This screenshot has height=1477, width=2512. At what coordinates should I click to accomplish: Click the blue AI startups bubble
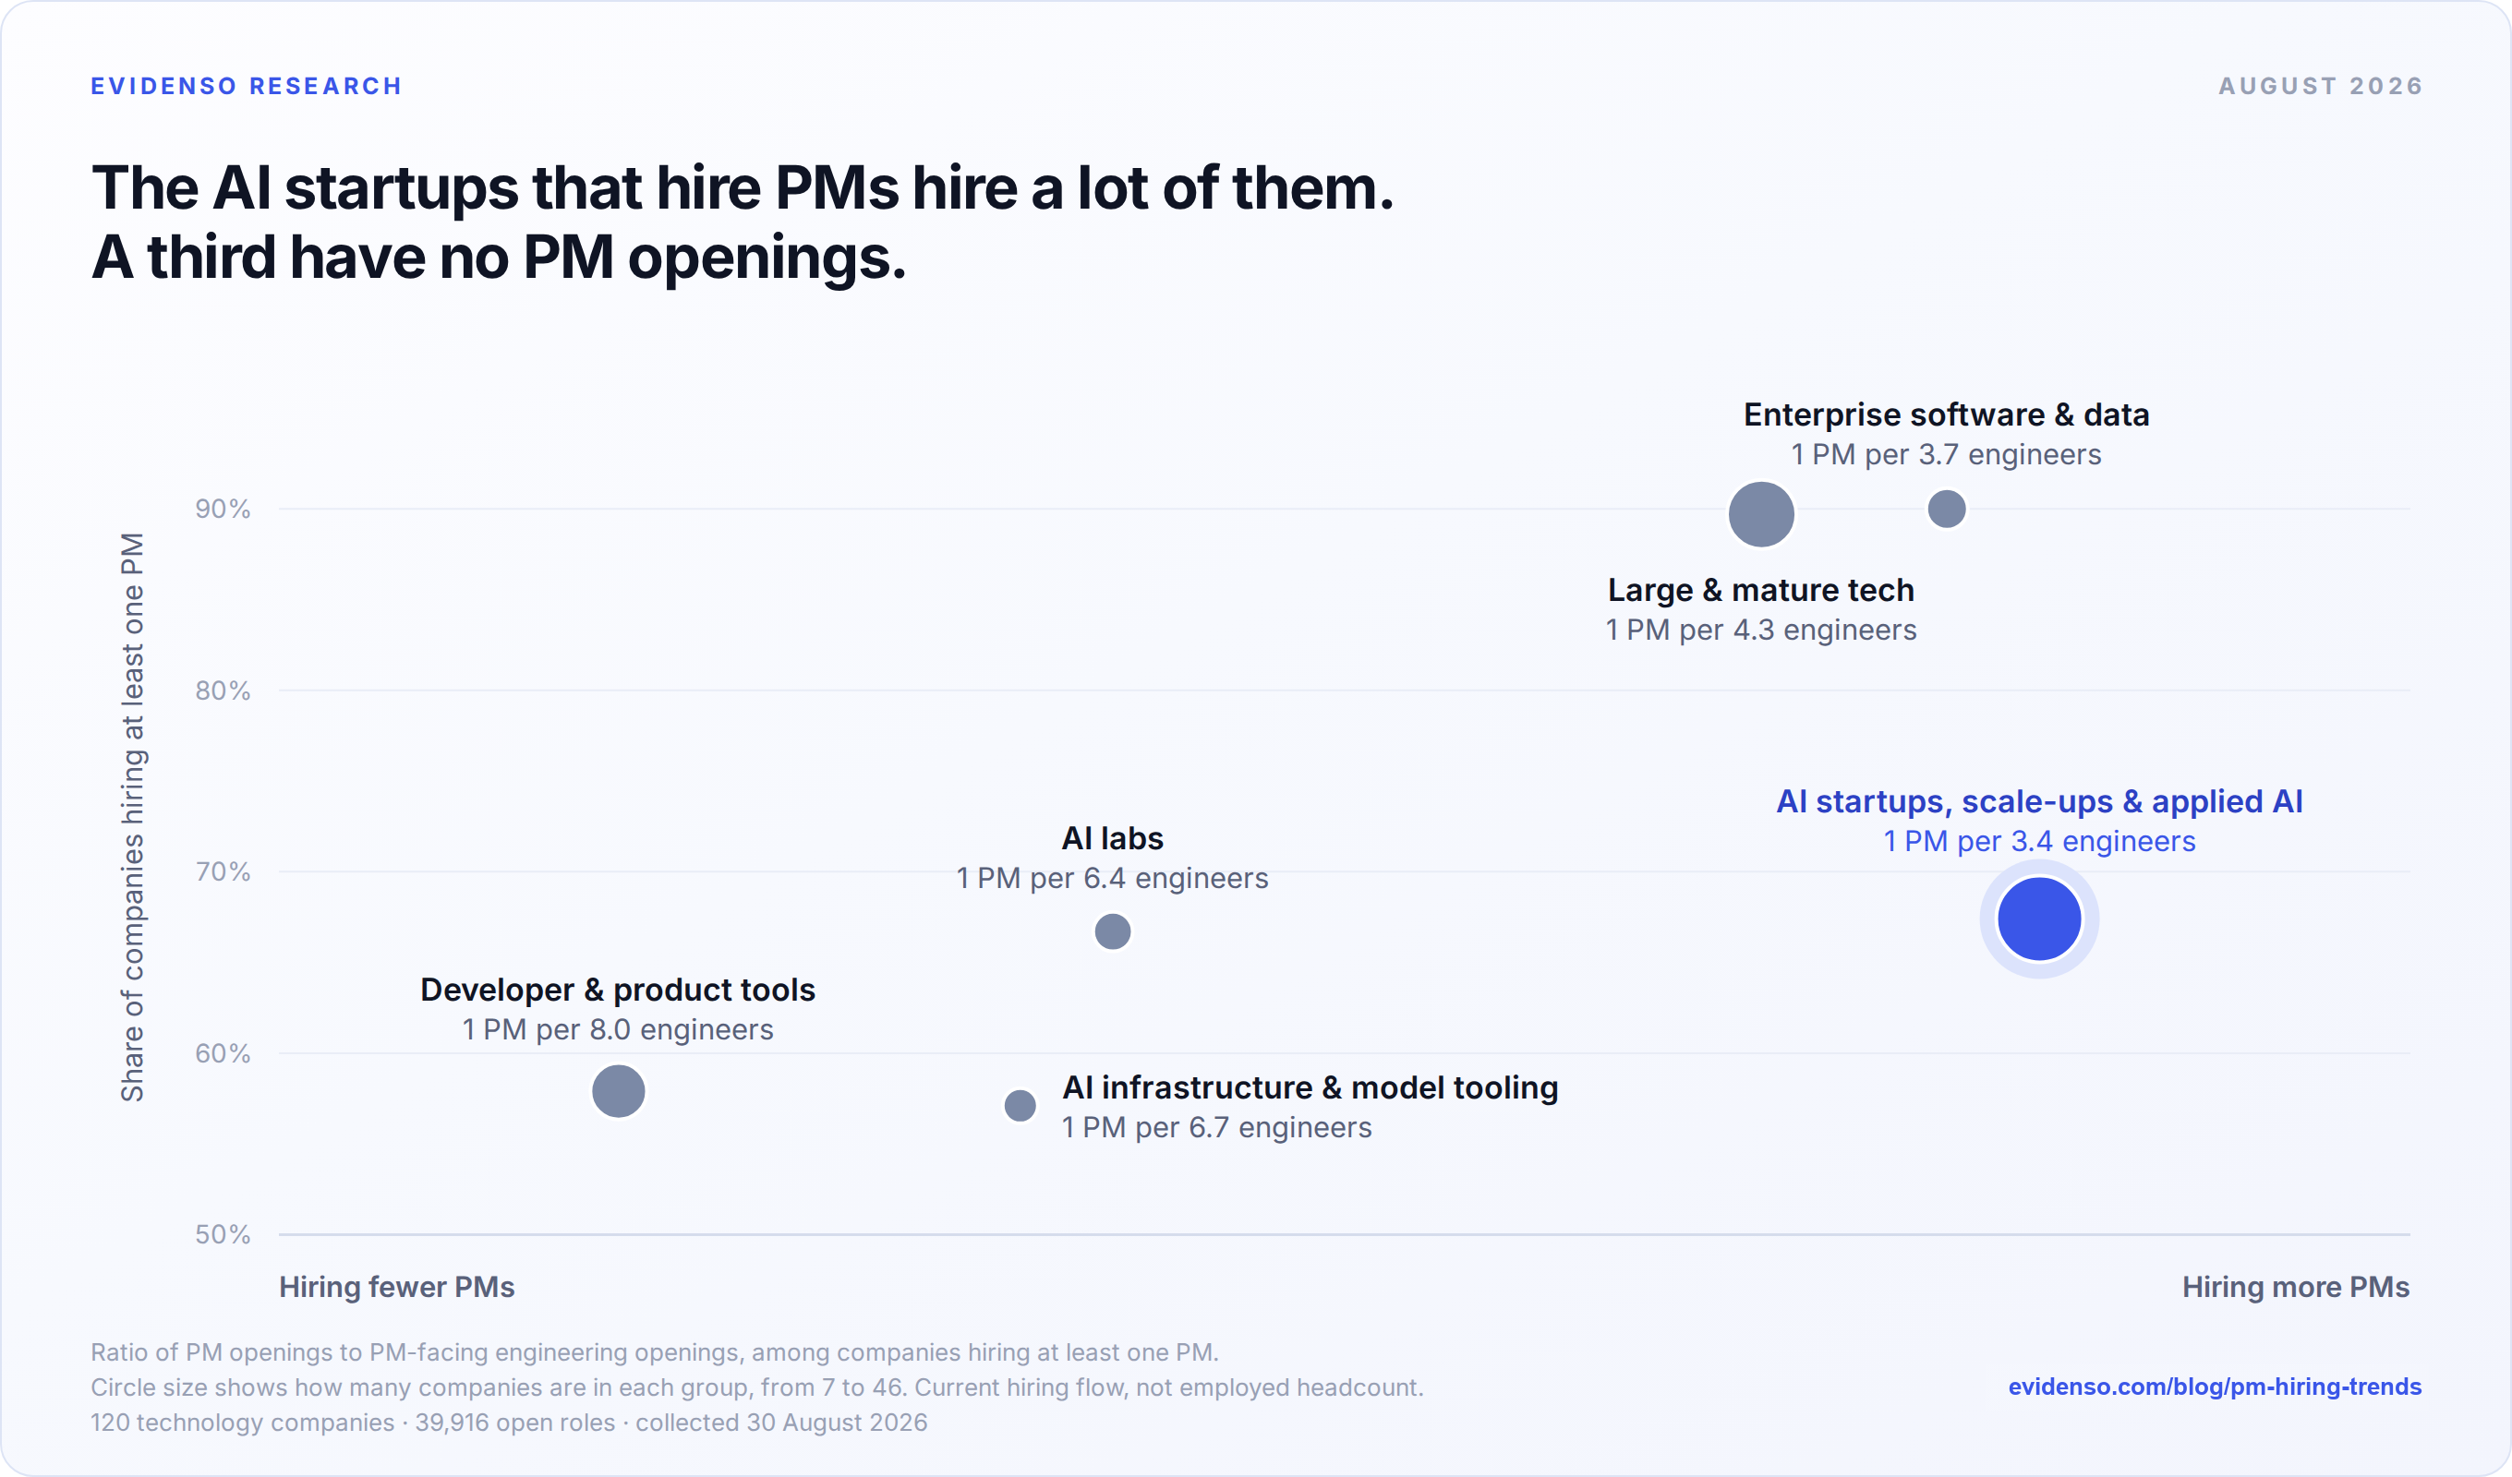(x=2039, y=919)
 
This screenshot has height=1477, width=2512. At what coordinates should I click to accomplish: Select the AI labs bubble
(x=1113, y=931)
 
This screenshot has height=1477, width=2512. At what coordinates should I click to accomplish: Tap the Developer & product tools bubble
(x=618, y=1091)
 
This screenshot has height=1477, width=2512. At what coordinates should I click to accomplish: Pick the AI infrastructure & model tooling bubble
(x=1020, y=1105)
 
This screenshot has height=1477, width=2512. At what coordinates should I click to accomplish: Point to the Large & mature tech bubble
(x=1761, y=514)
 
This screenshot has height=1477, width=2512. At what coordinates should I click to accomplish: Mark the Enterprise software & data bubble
(x=1947, y=510)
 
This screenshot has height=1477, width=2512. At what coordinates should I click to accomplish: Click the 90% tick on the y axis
(x=223, y=510)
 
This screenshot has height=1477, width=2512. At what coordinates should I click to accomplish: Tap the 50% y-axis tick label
(x=223, y=1235)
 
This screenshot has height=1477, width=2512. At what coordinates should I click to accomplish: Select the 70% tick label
(x=223, y=872)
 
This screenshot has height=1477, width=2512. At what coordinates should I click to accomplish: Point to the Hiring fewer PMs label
(x=397, y=1288)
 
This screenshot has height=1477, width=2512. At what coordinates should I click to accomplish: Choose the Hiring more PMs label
(x=2296, y=1288)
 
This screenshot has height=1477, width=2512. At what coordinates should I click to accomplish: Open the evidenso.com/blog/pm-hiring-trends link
(x=2215, y=1387)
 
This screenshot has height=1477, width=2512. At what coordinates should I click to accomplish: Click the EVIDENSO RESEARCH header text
(x=247, y=87)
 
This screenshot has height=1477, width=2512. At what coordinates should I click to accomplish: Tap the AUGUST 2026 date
(x=2321, y=87)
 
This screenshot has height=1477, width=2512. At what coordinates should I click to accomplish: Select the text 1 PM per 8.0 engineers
(x=618, y=1029)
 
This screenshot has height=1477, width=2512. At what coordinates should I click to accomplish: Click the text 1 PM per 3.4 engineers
(x=2039, y=841)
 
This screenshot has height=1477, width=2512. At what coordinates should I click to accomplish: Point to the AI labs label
(x=1113, y=838)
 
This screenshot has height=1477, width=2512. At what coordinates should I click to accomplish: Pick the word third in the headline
(x=211, y=258)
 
